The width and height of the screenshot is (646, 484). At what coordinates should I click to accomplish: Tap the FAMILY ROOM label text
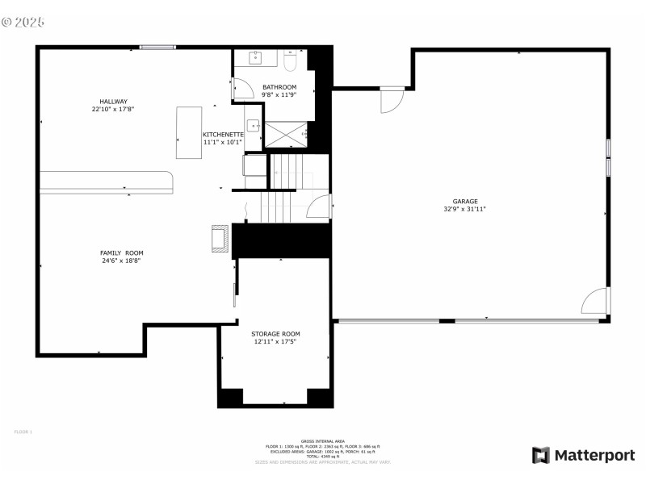coord(122,253)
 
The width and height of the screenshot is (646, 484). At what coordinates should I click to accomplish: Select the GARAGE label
coord(464,202)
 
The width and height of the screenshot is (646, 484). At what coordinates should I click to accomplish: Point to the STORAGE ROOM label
coord(275,334)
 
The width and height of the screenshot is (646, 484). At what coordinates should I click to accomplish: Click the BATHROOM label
coord(279,87)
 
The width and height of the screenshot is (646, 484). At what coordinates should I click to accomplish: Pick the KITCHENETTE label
coord(223,135)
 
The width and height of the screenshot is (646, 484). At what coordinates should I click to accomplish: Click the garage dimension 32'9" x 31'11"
coord(464,209)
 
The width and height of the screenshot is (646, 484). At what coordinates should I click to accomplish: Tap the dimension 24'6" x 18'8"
coord(122,261)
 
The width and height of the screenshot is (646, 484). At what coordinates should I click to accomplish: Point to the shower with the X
coord(287,134)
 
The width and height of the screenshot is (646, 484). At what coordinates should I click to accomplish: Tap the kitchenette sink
coord(253,125)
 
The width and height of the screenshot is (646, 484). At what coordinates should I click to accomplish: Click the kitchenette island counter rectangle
coord(189,132)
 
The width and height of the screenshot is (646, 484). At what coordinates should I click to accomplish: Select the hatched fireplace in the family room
coord(220,240)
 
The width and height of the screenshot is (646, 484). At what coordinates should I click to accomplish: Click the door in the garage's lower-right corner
coord(595,301)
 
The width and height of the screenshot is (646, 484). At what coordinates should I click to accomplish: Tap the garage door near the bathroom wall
coord(392,100)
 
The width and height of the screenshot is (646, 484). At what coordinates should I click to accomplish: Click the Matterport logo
coord(583,456)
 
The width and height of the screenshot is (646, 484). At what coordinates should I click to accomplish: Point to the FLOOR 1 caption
coord(23,432)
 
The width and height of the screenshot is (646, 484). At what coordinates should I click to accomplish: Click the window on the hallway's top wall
coord(157,47)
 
